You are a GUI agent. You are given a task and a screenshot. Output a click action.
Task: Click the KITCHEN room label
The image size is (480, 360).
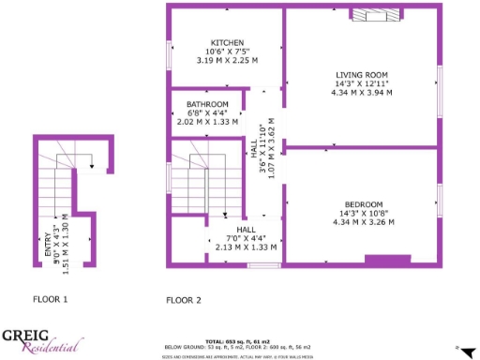coord(227,43)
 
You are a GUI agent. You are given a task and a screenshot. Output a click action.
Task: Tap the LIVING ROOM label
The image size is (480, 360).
coord(362,74)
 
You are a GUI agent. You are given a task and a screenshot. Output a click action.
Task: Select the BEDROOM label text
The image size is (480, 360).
coord(362,204)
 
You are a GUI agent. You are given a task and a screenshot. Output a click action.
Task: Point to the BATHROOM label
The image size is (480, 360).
coord(207,104)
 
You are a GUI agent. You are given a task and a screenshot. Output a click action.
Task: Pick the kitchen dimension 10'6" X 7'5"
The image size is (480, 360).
coord(227,52)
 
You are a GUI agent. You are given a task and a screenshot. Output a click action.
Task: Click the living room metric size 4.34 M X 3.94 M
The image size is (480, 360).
coord(362,92)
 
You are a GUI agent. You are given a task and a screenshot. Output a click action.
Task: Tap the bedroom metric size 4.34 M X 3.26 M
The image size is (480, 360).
coord(362,222)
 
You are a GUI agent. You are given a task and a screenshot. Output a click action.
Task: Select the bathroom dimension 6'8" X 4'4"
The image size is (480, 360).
coord(207,112)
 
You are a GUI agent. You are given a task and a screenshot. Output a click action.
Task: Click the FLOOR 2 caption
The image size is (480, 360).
coord(184,301)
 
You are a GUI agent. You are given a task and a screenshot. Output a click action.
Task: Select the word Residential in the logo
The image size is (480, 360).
coord(45,348)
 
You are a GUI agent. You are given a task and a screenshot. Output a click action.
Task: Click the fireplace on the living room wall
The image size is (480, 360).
coord(378,13)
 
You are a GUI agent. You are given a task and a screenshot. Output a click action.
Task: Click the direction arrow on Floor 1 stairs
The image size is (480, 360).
coord(91,166)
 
